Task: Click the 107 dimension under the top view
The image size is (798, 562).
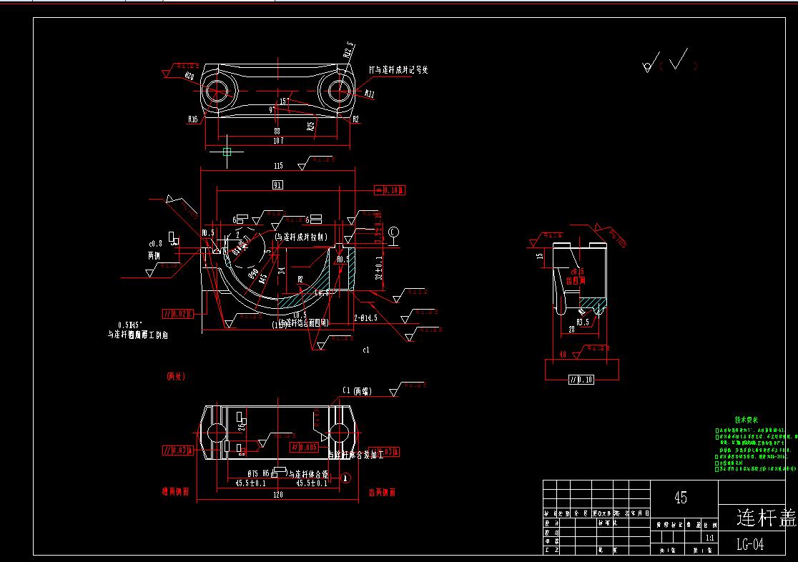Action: click(278, 141)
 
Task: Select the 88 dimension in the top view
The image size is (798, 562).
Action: click(278, 131)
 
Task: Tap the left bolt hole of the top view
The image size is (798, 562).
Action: click(217, 91)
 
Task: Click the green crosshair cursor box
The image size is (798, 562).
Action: click(227, 152)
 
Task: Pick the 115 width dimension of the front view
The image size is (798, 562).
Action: click(278, 166)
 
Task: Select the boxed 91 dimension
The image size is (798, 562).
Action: click(278, 185)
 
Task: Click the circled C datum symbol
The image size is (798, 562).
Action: click(393, 232)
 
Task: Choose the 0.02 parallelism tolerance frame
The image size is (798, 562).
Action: click(177, 313)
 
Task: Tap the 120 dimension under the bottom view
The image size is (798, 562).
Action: click(277, 494)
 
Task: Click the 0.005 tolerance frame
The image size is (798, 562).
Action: click(304, 448)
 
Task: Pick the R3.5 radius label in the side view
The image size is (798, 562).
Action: click(583, 322)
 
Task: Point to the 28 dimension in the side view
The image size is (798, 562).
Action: click(572, 329)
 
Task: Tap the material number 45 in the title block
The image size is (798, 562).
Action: click(681, 497)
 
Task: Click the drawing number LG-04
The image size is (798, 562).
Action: click(750, 545)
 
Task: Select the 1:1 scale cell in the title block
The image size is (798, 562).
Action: click(709, 536)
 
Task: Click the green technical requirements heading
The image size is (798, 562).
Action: click(747, 420)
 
